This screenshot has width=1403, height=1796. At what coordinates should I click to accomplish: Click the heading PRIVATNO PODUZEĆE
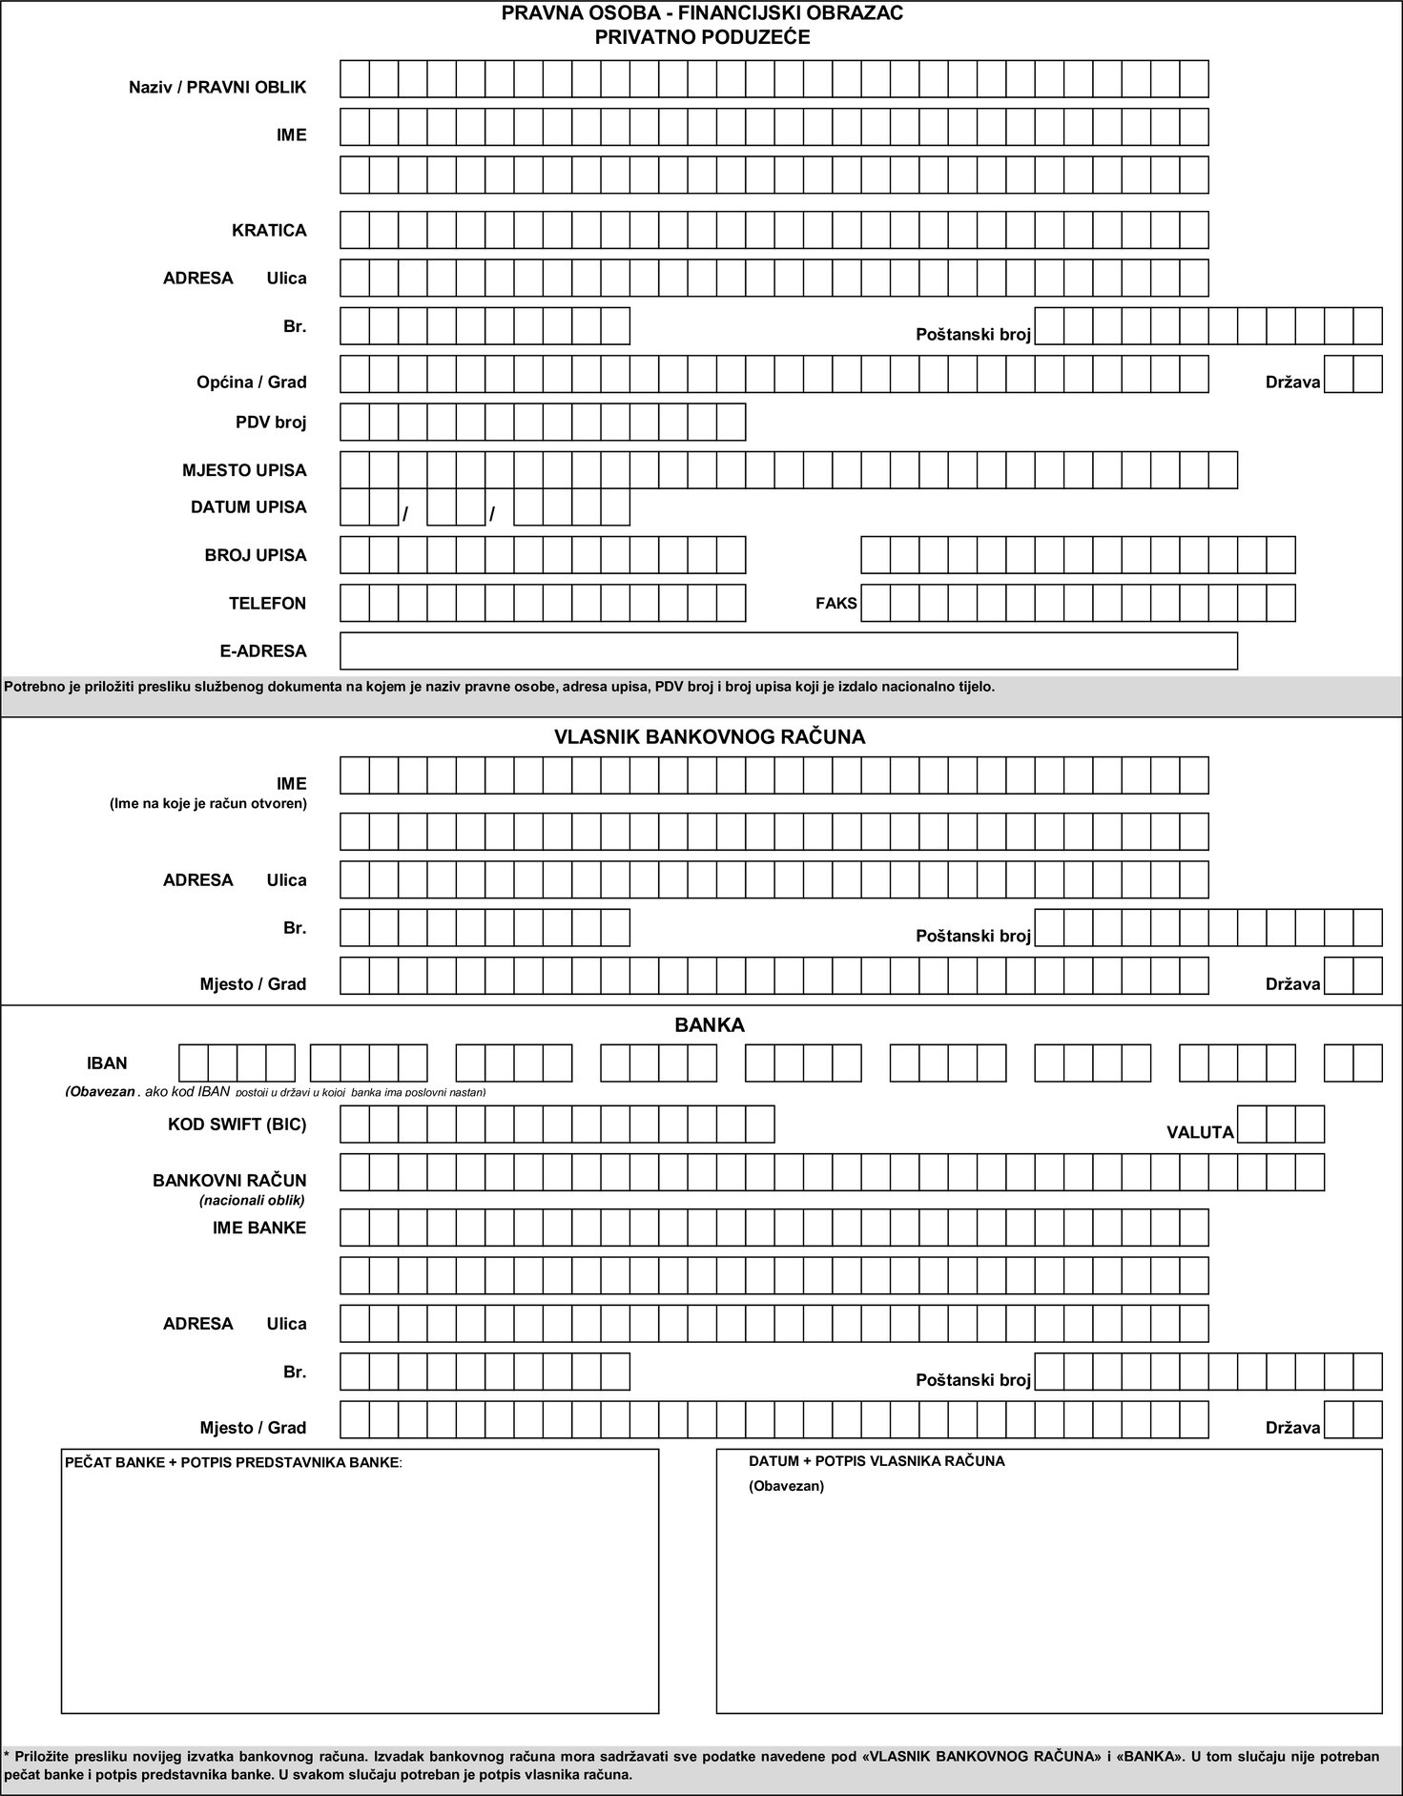pyautogui.click(x=702, y=37)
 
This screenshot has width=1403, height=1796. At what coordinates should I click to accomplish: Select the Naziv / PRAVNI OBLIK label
pyautogui.click(x=217, y=88)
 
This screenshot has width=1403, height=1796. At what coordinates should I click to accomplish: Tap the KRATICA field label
pyautogui.click(x=269, y=231)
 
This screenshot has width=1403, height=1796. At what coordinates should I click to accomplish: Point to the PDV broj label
pyautogui.click(x=271, y=422)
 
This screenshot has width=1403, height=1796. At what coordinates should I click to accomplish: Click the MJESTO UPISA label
pyautogui.click(x=244, y=470)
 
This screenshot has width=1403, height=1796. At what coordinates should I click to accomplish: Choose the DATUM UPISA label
pyautogui.click(x=248, y=507)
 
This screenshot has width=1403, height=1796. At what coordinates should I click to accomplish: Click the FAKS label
pyautogui.click(x=836, y=603)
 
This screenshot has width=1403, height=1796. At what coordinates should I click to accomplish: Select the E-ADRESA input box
pyautogui.click(x=788, y=650)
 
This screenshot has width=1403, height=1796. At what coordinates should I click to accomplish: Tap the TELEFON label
pyautogui.click(x=267, y=603)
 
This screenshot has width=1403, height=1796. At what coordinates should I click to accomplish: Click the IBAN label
pyautogui.click(x=107, y=1063)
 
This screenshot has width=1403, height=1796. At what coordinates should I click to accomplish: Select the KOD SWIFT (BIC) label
pyautogui.click(x=237, y=1125)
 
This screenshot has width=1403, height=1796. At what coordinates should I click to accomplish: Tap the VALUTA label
pyautogui.click(x=1200, y=1132)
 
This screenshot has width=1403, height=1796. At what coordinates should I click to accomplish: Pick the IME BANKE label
pyautogui.click(x=259, y=1228)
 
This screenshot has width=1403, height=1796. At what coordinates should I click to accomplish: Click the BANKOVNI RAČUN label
pyautogui.click(x=230, y=1181)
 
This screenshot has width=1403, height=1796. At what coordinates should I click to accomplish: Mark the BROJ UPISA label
pyautogui.click(x=256, y=555)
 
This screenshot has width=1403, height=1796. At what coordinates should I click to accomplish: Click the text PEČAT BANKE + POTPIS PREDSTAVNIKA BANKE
pyautogui.click(x=233, y=1462)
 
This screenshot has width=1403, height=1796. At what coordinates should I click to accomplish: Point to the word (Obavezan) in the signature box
pyautogui.click(x=786, y=1486)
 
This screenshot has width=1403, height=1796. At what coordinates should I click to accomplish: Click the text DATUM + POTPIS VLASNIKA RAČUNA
pyautogui.click(x=877, y=1461)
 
